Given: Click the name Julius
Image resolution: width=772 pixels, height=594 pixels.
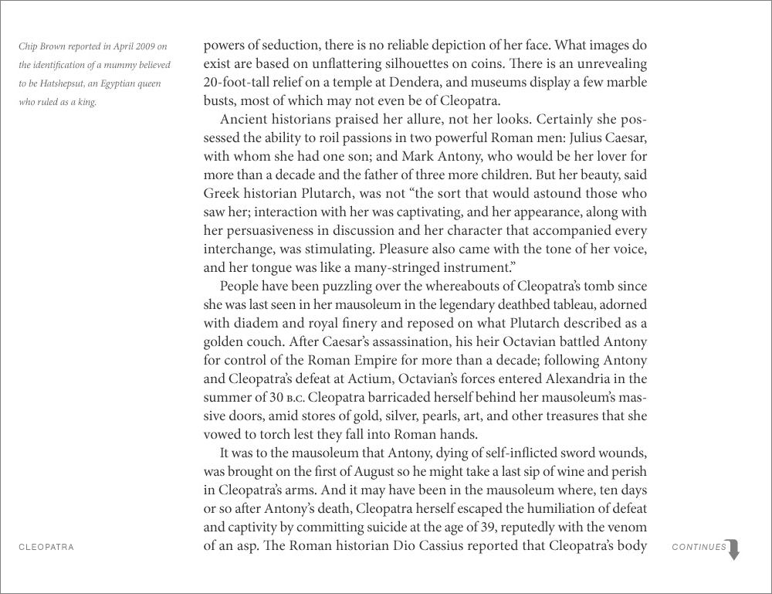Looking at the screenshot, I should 572,138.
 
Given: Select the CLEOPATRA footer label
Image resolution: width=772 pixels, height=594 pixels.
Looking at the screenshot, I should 46,547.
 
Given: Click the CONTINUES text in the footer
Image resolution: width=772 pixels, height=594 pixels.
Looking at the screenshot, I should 699,547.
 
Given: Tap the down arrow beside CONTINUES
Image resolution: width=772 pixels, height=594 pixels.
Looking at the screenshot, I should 734,549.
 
